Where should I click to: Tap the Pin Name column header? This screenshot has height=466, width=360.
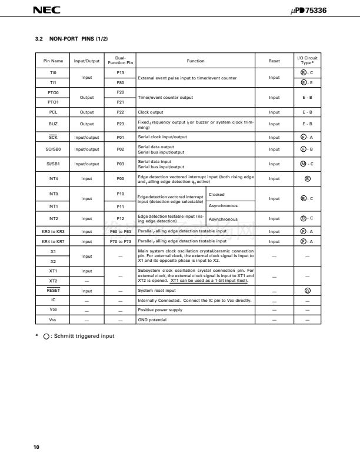coord(53,61)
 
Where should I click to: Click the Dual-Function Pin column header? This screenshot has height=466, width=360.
coord(120,61)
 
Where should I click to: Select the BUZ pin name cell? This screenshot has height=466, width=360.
coord(53,124)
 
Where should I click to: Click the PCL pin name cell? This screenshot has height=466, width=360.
coord(53,111)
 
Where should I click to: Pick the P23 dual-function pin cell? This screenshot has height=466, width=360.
coord(120,124)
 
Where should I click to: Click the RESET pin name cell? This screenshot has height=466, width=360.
coord(53,290)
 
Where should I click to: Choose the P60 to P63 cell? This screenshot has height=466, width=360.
coord(120,232)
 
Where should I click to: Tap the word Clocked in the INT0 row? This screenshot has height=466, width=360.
coord(216,194)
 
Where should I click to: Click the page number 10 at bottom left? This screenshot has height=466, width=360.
coord(36,449)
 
